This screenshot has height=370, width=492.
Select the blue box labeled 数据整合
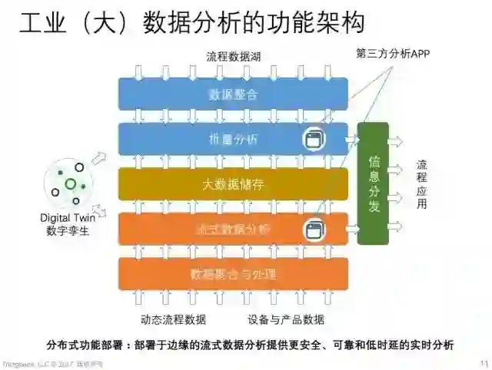[x=233, y=94]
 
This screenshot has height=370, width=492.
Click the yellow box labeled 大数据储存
[x=233, y=184]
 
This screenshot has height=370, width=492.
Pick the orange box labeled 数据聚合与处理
[x=233, y=273]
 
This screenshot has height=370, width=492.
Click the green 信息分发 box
[x=374, y=183]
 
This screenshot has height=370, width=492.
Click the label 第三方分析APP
[x=393, y=54]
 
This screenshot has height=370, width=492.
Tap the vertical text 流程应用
[x=422, y=184]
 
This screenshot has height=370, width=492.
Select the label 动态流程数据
[x=174, y=319]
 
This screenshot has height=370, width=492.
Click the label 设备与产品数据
[x=286, y=319]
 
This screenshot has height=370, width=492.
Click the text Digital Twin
[x=68, y=218]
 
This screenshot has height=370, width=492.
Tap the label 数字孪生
[x=68, y=231]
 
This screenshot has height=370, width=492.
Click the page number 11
[x=483, y=363]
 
